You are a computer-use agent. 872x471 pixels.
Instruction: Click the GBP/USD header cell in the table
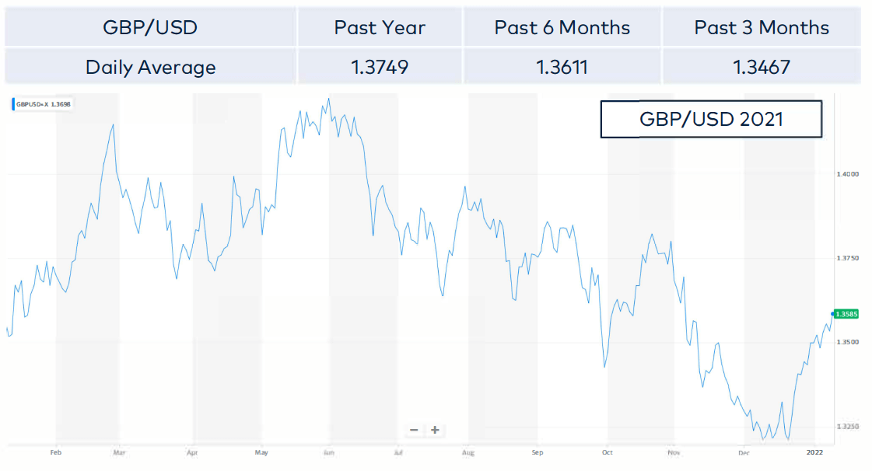pyautogui.click(x=150, y=29)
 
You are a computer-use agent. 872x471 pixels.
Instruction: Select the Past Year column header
pyautogui.click(x=380, y=29)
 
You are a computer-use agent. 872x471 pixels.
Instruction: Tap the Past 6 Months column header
pyautogui.click(x=562, y=29)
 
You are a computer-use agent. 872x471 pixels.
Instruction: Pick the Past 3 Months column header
pyautogui.click(x=762, y=29)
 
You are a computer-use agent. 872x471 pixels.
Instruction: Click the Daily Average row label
pyautogui.click(x=150, y=68)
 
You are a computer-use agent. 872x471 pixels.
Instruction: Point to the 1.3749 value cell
pyautogui.click(x=380, y=68)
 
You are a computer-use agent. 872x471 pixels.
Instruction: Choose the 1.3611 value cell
pyautogui.click(x=562, y=68)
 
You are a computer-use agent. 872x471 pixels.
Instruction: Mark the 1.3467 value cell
pyautogui.click(x=762, y=68)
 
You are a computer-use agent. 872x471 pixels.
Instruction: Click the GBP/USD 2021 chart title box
pyautogui.click(x=710, y=119)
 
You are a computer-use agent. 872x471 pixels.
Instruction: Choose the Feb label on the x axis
pyautogui.click(x=55, y=452)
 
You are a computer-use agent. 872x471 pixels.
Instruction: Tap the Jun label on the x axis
pyautogui.click(x=329, y=452)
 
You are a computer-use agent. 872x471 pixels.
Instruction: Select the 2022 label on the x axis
pyautogui.click(x=814, y=452)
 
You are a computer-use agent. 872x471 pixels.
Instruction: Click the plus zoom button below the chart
pyautogui.click(x=435, y=430)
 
